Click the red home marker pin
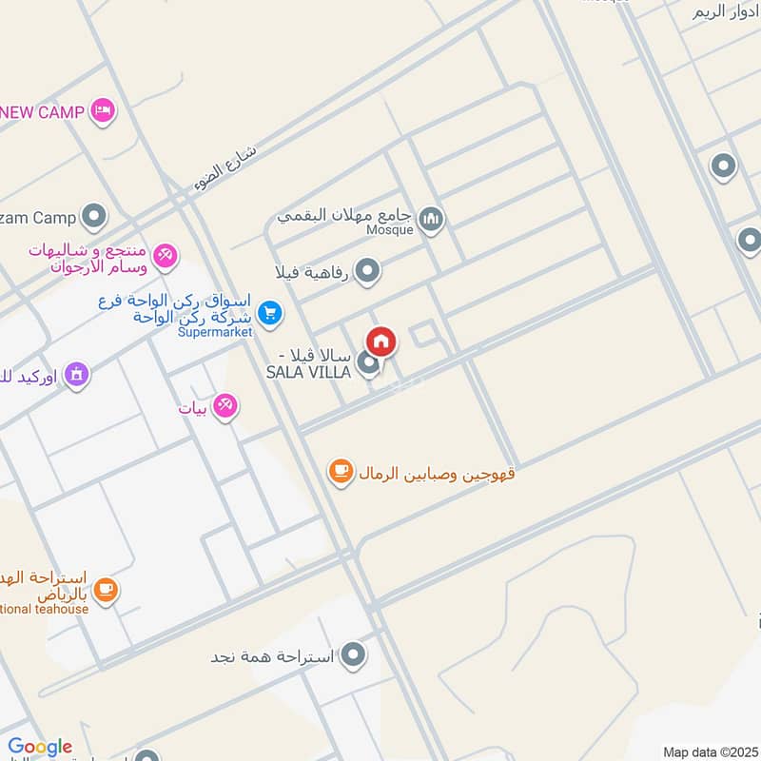[x=381, y=341]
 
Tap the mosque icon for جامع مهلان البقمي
[x=431, y=221]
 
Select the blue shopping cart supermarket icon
[x=270, y=311]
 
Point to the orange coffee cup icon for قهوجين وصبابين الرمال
[x=341, y=470]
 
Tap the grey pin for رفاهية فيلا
[x=367, y=272]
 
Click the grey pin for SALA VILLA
[x=369, y=364]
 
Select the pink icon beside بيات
[x=225, y=407]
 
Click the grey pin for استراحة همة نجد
[x=354, y=655]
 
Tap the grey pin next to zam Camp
[x=93, y=218]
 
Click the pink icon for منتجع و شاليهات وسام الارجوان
[x=166, y=255]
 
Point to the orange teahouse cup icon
[x=105, y=591]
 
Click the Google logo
[x=40, y=747]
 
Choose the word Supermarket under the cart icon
[x=216, y=332]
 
